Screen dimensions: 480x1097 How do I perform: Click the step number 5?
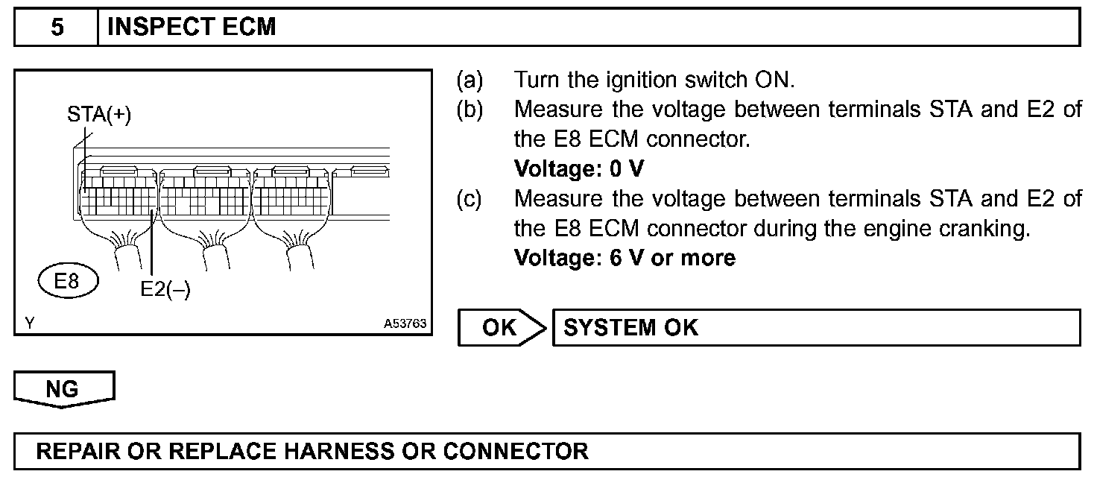(57, 28)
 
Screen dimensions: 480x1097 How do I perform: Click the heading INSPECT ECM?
(192, 28)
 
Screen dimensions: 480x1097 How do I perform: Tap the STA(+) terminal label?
(99, 116)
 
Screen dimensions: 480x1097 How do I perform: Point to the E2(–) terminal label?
(165, 290)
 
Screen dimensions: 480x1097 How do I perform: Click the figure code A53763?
(405, 324)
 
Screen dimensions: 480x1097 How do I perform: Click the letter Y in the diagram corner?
(28, 323)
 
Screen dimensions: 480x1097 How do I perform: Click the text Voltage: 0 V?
(578, 169)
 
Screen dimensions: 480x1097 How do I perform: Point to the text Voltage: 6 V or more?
(625, 258)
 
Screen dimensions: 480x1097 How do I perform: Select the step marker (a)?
(470, 80)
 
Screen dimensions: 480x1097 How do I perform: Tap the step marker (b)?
(470, 110)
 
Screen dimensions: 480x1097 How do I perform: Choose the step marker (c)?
(470, 199)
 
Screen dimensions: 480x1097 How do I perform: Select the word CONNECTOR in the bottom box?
(516, 451)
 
